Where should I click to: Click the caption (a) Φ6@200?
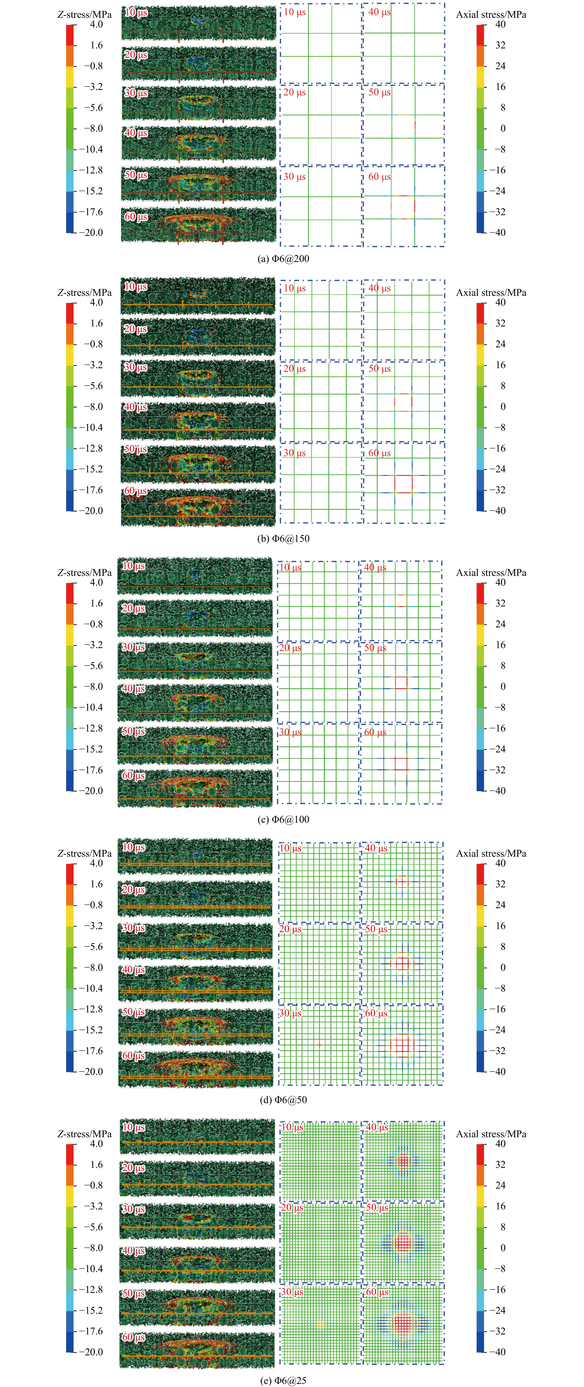coord(284,258)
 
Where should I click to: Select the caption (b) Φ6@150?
coord(284,538)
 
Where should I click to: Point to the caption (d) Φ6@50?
coord(284,1100)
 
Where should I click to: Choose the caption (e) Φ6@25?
coord(284,1380)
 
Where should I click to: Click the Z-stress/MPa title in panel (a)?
coord(85,15)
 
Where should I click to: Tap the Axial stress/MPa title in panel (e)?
coord(491,1133)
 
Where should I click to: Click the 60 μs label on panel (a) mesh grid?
coord(379,177)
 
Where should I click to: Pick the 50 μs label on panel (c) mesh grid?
coord(375,648)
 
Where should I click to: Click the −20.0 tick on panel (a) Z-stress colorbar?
coord(94,233)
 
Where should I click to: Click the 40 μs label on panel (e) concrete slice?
coord(133,1250)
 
